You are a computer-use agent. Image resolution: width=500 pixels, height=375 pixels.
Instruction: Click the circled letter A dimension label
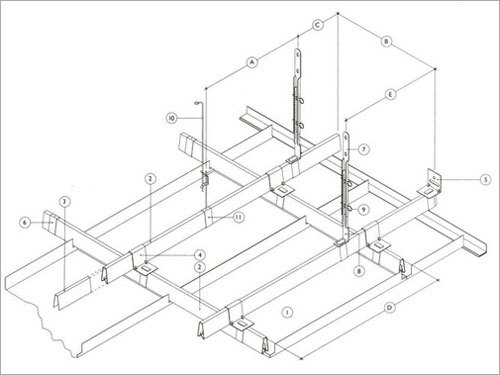(251, 61)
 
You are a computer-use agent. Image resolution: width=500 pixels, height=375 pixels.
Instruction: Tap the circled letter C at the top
(318, 22)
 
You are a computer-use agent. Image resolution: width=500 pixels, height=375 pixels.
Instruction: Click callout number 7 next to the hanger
(364, 149)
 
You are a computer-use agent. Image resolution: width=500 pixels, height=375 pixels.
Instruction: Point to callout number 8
(360, 269)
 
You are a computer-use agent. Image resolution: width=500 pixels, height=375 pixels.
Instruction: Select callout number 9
(364, 209)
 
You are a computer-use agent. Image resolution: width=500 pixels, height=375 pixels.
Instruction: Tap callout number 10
(171, 120)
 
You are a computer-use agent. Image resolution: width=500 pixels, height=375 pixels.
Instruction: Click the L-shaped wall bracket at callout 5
(432, 180)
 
